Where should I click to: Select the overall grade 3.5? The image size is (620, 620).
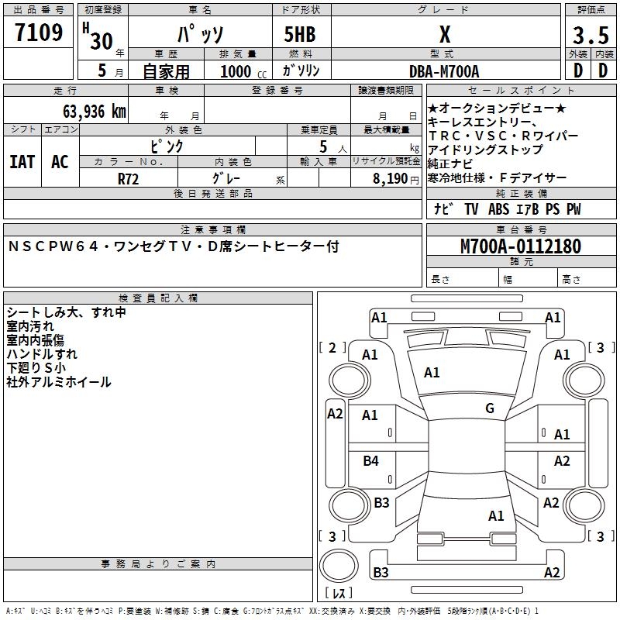coord(589,36)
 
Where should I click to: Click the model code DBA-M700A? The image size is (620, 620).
coord(444,71)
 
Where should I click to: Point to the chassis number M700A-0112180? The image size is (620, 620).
coord(520,246)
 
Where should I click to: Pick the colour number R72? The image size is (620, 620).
coord(129,178)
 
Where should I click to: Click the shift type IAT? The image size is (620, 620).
coord(22,162)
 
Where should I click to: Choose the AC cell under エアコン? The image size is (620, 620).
coord(60,162)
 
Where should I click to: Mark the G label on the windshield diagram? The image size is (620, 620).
coord(490,408)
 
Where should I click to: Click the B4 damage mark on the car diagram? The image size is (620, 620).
coord(371,461)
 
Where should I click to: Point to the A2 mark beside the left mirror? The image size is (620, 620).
coord(335,414)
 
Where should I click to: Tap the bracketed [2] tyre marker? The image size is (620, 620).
coord(332,348)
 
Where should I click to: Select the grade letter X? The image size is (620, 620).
coord(444,35)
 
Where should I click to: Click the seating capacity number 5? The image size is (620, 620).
coord(322,146)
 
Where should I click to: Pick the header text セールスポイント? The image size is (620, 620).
coord(501,91)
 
